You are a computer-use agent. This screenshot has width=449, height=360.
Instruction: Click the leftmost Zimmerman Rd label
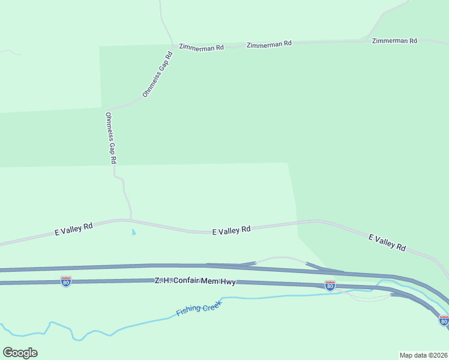point(201,46)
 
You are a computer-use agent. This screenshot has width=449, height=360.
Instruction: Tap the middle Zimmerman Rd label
point(269,44)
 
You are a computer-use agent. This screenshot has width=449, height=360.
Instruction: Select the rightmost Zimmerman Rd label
point(394,41)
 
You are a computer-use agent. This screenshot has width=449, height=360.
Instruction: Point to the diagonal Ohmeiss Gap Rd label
point(158,74)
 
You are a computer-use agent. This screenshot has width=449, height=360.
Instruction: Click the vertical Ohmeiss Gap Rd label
point(110,139)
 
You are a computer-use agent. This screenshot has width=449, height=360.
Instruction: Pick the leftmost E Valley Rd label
point(74,229)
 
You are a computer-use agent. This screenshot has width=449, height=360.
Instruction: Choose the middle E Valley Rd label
point(231,230)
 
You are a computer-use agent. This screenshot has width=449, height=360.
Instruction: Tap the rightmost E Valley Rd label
point(387,242)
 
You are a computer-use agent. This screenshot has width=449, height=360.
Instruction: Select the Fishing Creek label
point(199,308)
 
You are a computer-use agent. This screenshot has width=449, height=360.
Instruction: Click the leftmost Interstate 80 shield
point(66,281)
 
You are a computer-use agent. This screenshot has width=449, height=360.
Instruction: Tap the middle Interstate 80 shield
point(330,286)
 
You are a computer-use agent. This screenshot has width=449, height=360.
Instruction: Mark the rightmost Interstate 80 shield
point(444,320)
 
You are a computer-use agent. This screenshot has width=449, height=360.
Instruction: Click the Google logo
point(20,352)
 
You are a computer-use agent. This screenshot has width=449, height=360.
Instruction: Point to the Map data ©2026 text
point(423,355)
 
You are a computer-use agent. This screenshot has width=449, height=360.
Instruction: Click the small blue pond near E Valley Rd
point(133,232)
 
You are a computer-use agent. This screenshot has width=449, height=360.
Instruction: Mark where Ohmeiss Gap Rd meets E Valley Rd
point(130,220)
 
